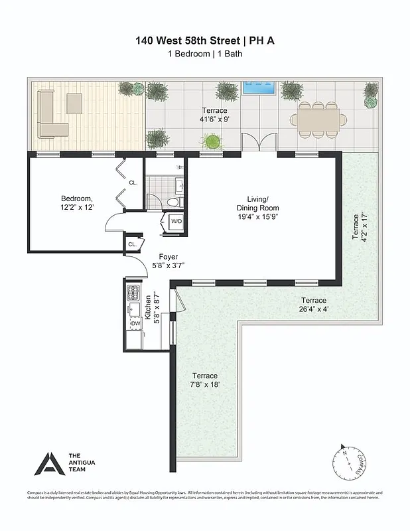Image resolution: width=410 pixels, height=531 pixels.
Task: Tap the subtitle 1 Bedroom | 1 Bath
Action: [204, 54]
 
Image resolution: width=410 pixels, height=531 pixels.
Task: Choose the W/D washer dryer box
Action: [176, 221]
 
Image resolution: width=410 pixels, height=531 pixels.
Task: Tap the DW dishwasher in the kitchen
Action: [135, 323]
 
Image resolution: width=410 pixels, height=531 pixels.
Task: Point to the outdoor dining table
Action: [317, 119]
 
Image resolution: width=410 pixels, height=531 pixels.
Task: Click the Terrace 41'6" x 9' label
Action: [214, 115]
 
